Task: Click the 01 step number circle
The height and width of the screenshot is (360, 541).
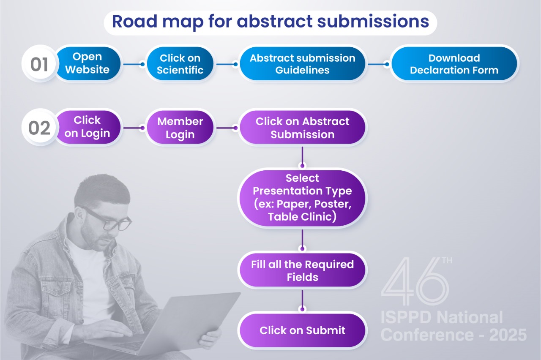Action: click(x=39, y=64)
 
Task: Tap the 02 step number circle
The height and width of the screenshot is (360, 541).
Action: click(x=39, y=127)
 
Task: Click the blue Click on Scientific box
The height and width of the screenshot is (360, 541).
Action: click(x=180, y=64)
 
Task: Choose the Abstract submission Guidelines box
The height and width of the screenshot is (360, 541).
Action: click(x=302, y=64)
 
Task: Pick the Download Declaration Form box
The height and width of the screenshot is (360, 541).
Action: click(x=454, y=64)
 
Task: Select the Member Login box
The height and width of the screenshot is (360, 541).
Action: click(x=180, y=127)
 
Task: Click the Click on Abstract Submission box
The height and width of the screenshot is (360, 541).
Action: click(x=302, y=127)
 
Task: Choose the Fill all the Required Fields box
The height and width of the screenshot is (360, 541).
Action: click(x=302, y=270)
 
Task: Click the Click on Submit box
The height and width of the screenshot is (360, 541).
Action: click(x=302, y=330)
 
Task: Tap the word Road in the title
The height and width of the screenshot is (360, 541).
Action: click(x=135, y=21)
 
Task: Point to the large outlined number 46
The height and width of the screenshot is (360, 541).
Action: click(x=415, y=281)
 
